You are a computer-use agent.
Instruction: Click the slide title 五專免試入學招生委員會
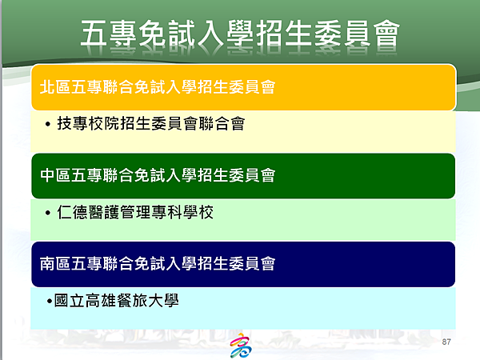(x=240, y=34)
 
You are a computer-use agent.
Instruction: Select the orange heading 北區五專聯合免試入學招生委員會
(x=158, y=87)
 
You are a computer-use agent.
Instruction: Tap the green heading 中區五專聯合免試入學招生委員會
(x=158, y=175)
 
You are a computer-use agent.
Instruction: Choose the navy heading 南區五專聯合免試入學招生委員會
(x=158, y=263)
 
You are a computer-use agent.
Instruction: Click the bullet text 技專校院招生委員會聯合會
(x=151, y=124)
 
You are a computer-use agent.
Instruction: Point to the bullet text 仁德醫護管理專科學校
(x=135, y=212)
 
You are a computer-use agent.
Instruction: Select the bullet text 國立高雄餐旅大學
(x=116, y=300)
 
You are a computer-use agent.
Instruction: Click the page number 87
(x=446, y=342)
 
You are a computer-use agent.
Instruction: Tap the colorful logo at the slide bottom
(x=241, y=346)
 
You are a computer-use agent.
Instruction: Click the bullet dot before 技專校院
(x=47, y=124)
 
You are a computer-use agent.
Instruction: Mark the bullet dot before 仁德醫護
(x=47, y=213)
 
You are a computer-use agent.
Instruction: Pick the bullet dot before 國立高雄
(x=50, y=302)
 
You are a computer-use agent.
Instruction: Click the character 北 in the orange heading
(x=47, y=87)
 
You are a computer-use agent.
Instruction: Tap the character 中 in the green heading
(x=47, y=175)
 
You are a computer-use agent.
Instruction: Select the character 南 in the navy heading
(x=47, y=263)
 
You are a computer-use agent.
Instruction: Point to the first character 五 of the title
(x=94, y=34)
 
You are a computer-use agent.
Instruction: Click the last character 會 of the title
(x=386, y=34)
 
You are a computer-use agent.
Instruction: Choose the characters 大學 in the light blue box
(x=163, y=300)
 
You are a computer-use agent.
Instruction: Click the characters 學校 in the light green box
(x=198, y=212)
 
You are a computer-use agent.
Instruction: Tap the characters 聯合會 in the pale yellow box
(x=222, y=124)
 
